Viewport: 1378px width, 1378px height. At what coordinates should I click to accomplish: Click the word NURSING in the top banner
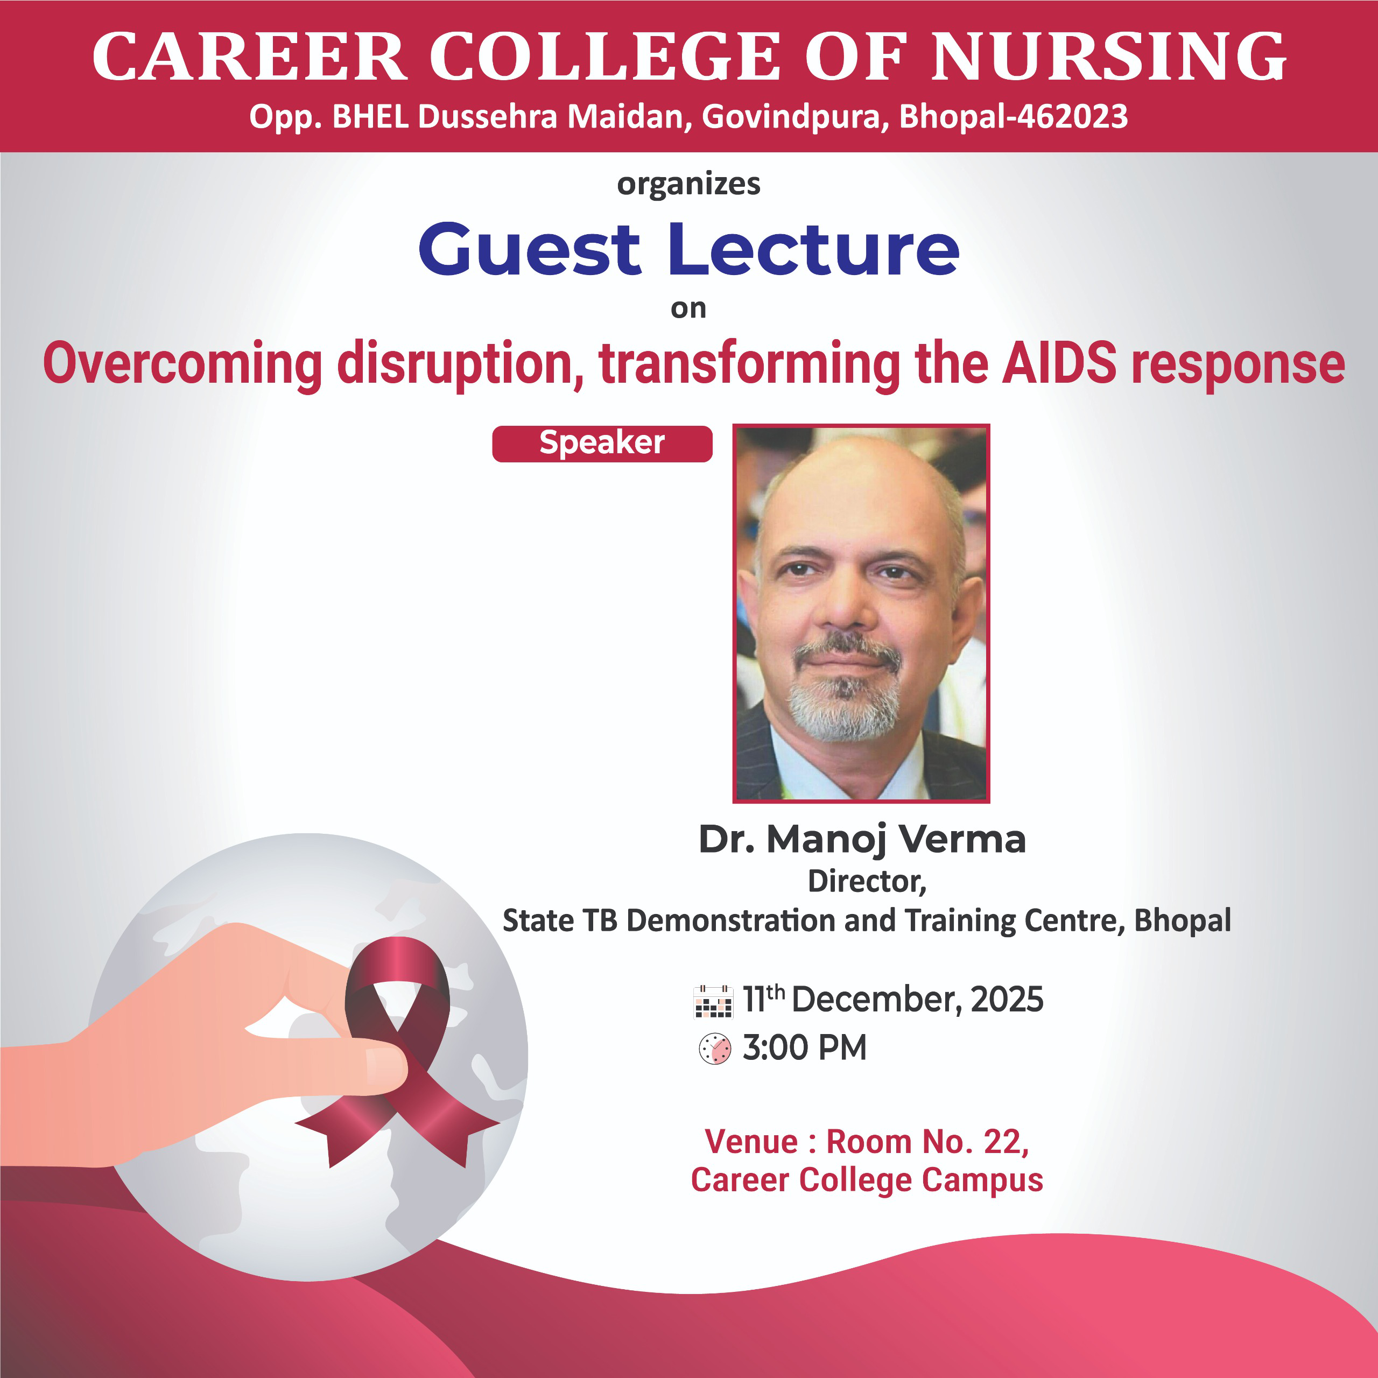[1109, 57]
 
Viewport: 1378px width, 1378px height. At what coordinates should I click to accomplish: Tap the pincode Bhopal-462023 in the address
[1014, 117]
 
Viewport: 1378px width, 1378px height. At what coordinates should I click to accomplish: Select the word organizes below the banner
[688, 185]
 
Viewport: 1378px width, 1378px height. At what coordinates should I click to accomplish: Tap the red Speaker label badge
[602, 444]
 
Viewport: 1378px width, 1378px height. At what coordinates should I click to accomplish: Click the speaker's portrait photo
[861, 614]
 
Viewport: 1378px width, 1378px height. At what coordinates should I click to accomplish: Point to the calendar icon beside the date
[713, 1001]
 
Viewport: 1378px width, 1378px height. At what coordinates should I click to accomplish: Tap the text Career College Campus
[867, 1180]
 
